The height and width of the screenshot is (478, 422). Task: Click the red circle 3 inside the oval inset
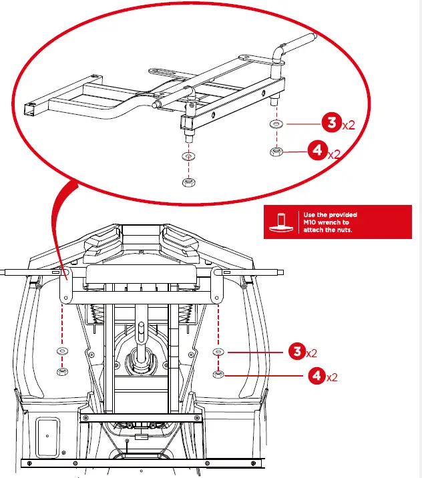[x=331, y=123]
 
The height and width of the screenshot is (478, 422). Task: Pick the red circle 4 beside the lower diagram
[x=316, y=375]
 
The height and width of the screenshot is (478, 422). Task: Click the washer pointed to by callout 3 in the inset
[x=275, y=124]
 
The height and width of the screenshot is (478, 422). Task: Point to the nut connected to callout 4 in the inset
[x=275, y=152]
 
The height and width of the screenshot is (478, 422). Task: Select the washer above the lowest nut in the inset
[x=188, y=157]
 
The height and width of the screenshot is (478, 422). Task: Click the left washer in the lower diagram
[x=62, y=350]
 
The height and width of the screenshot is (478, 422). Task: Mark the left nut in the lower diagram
[x=62, y=371]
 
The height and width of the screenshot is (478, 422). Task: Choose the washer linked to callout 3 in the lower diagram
[x=218, y=351]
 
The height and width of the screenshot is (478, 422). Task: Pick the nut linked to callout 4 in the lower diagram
[x=218, y=375]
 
